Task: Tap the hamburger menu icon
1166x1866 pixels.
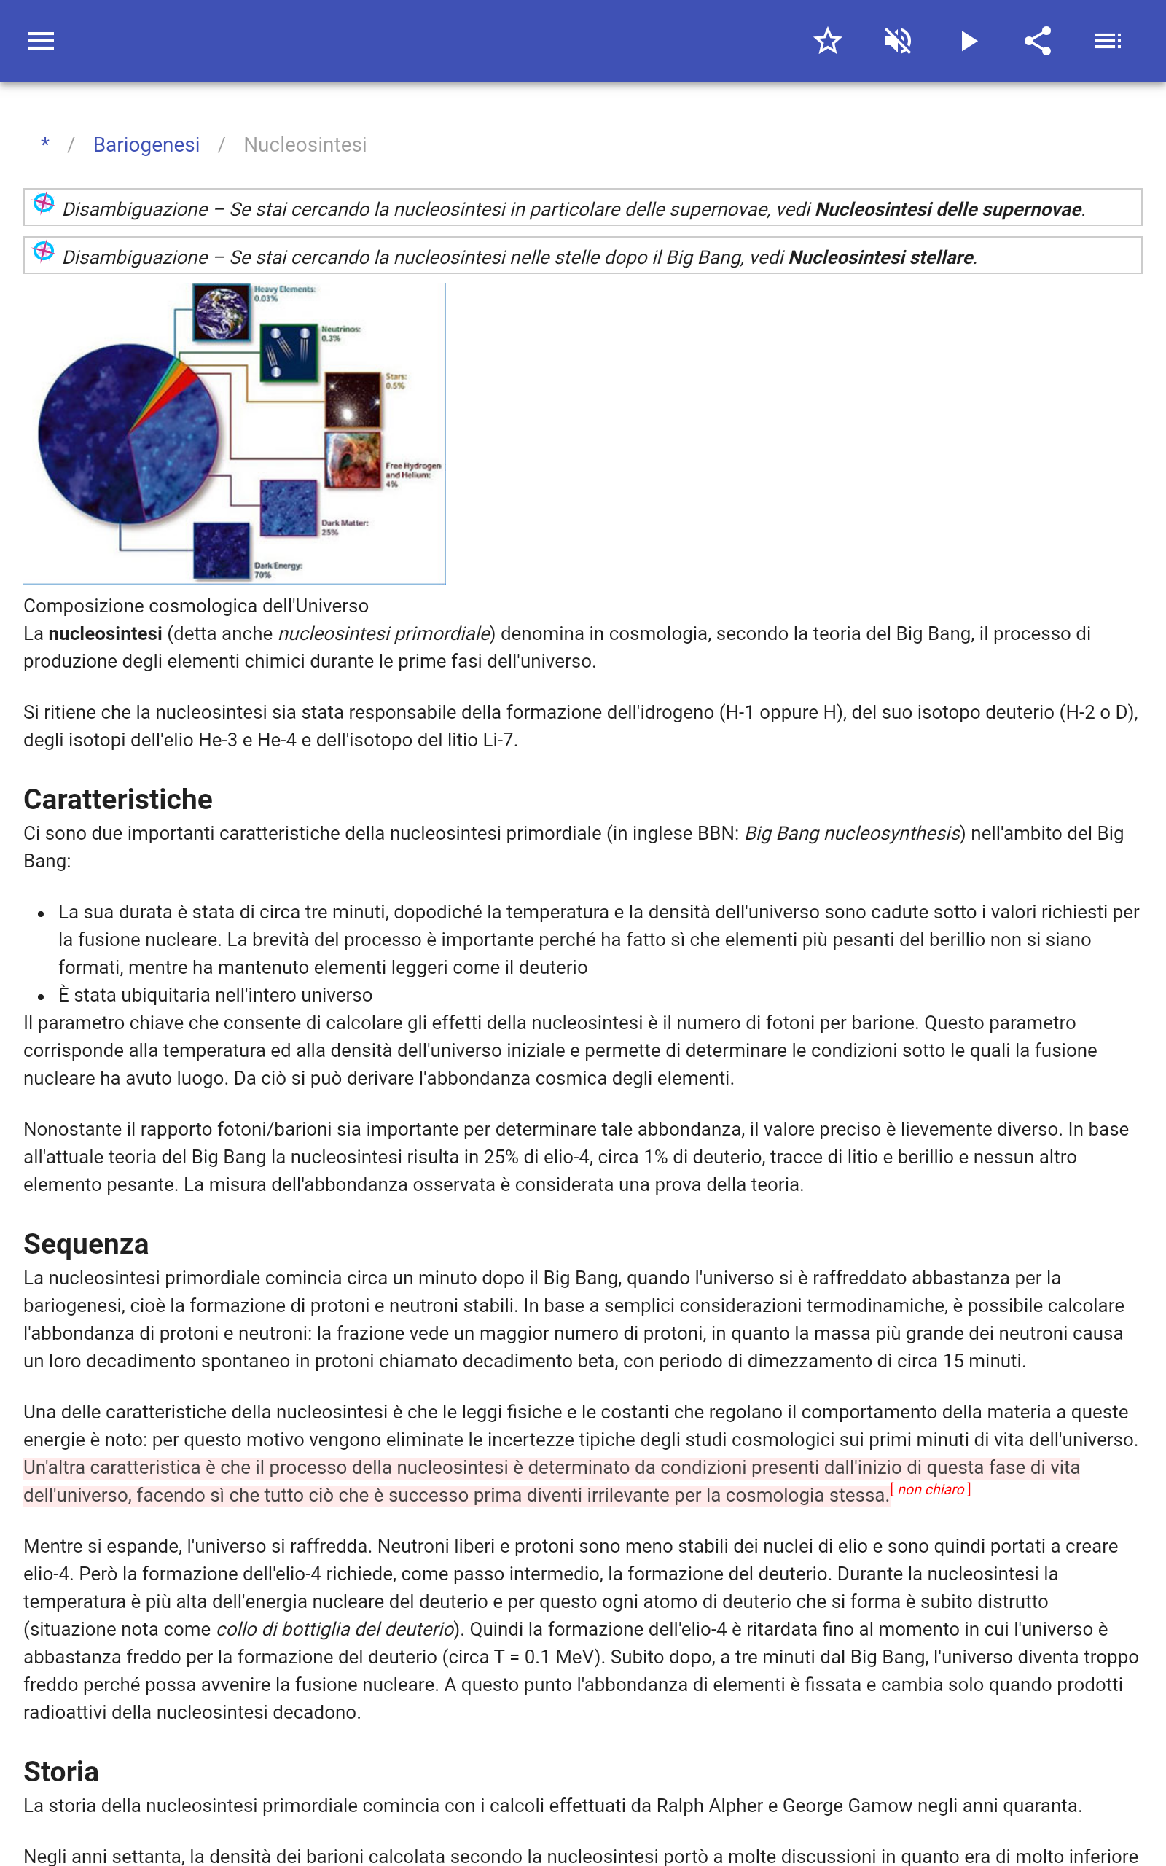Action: [x=41, y=41]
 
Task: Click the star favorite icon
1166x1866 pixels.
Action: [x=827, y=41]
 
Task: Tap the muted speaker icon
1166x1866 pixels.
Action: [x=898, y=41]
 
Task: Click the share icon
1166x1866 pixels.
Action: [x=1038, y=41]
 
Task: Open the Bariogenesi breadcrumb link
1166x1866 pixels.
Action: [x=146, y=145]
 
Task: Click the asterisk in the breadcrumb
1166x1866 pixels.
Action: [x=45, y=144]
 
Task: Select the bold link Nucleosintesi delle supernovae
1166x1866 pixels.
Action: [x=948, y=209]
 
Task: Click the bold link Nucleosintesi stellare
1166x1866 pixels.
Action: [x=880, y=257]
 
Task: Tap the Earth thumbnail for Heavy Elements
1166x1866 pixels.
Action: [x=222, y=312]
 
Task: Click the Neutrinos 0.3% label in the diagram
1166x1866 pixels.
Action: [x=340, y=333]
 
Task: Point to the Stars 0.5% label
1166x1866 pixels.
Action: [x=396, y=381]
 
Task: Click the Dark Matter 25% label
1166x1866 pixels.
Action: [x=344, y=528]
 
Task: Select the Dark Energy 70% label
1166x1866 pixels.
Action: [x=278, y=570]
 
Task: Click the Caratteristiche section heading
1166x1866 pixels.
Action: [x=118, y=800]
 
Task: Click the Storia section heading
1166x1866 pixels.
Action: [x=61, y=1772]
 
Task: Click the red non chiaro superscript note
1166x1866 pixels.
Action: [x=931, y=1490]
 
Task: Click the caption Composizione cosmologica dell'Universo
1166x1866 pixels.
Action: [x=196, y=606]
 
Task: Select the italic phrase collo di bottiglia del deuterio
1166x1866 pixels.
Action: [x=334, y=1629]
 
